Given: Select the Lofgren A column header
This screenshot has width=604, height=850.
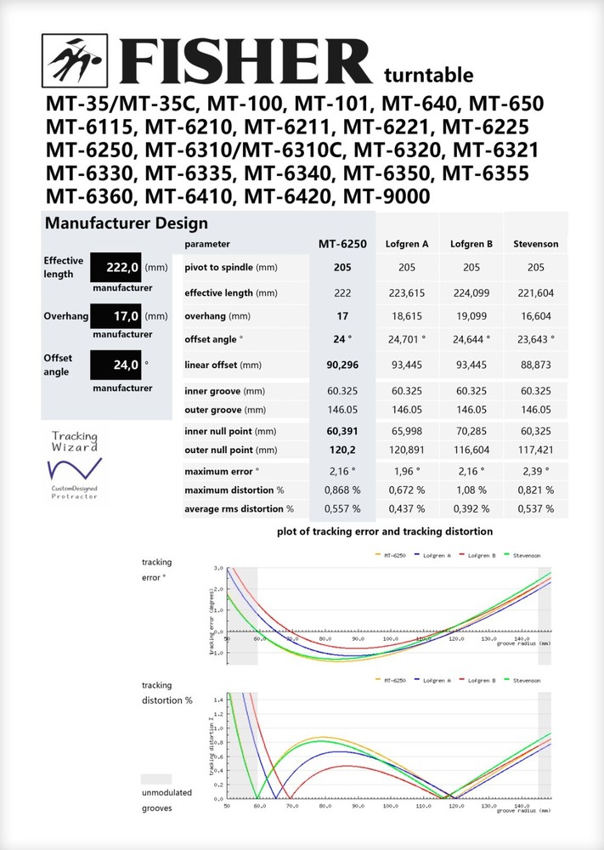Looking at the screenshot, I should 407,245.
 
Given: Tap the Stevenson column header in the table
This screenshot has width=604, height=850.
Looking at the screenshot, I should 535,245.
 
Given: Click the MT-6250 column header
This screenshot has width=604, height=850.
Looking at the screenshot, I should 342,244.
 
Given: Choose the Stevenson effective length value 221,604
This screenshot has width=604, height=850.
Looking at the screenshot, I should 535,293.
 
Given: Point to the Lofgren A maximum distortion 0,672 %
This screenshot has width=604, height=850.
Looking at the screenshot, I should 407,490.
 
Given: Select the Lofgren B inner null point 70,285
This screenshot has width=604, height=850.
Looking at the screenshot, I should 471,432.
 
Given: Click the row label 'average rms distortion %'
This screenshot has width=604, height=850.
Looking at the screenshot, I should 239,509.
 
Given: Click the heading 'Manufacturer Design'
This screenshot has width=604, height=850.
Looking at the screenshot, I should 126,224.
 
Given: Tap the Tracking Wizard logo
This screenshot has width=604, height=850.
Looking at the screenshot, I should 74,466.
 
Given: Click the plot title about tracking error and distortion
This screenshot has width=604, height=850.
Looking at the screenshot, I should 385,531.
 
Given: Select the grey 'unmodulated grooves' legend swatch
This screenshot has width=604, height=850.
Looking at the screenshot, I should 155,779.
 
